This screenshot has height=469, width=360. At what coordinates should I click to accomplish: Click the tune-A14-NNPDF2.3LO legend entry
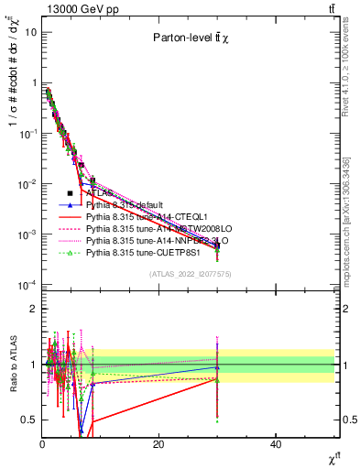pyautogui.click(x=147, y=242)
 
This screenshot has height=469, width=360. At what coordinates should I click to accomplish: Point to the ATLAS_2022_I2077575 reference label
pyautogui.click(x=190, y=273)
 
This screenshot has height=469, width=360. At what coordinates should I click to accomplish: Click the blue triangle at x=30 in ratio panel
pyautogui.click(x=217, y=367)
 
